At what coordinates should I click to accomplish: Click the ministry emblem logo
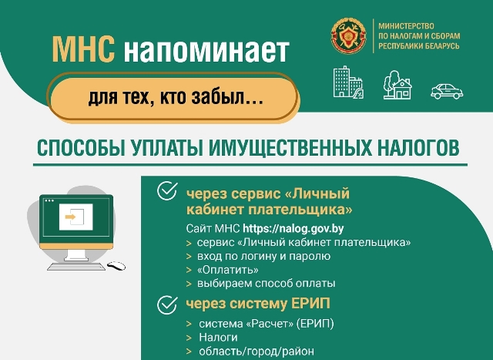(x=349, y=35)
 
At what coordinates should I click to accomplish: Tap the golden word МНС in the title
(x=83, y=49)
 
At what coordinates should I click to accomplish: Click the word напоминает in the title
(x=206, y=50)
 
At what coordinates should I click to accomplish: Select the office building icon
(x=348, y=82)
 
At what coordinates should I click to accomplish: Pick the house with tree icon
(x=397, y=85)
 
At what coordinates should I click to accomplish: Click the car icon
(x=447, y=91)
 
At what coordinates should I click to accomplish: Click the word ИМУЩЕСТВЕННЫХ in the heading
(x=290, y=147)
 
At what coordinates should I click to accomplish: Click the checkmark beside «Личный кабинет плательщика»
(x=167, y=191)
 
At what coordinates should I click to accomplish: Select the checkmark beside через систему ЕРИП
(x=167, y=304)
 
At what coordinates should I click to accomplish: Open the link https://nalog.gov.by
(x=293, y=228)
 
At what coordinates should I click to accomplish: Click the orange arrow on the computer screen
(x=70, y=217)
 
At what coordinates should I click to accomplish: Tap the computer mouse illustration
(x=116, y=266)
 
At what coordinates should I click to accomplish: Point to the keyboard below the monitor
(x=76, y=267)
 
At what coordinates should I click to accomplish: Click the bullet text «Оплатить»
(x=228, y=270)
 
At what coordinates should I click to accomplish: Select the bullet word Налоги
(x=218, y=338)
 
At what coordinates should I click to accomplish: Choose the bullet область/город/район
(x=257, y=351)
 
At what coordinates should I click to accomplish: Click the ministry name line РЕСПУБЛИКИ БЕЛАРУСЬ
(x=419, y=46)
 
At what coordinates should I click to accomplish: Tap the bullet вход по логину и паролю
(x=263, y=256)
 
